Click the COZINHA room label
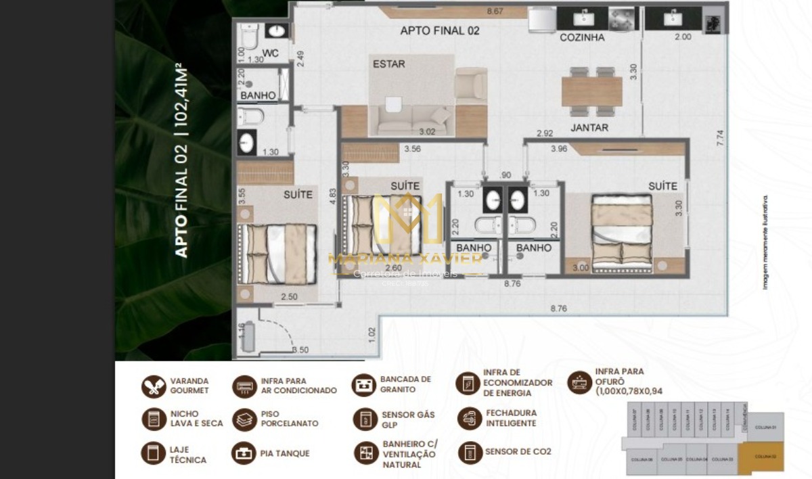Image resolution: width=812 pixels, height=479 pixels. click(582, 38)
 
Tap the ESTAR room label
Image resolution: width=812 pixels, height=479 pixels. click(389, 64)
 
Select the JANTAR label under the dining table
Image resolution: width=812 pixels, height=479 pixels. click(589, 127)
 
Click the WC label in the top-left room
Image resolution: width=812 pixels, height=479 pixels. click(271, 53)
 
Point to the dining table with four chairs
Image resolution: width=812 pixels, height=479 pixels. click(591, 91)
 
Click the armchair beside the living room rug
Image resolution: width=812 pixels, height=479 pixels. click(470, 86)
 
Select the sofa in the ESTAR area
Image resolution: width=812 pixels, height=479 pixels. click(413, 121)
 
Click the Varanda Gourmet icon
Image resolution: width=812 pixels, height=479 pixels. click(154, 386)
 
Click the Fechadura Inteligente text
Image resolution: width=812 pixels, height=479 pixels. click(511, 418)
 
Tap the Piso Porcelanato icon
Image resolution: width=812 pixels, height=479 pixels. click(244, 419)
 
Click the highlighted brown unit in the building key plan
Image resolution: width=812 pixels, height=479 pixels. click(761, 457)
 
